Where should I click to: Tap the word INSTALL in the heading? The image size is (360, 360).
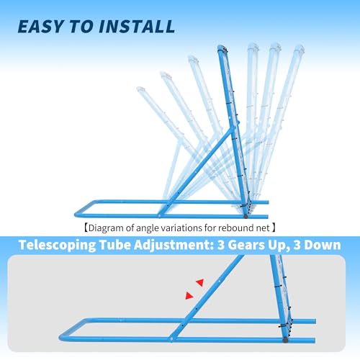[x=137, y=26]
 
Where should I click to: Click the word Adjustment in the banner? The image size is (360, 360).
[x=174, y=246]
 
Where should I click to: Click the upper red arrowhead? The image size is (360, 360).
[x=200, y=282]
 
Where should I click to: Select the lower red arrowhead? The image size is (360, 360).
[x=189, y=296]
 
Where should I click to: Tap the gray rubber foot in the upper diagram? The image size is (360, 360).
[x=246, y=216]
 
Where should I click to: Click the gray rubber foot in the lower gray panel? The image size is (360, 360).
[x=285, y=341]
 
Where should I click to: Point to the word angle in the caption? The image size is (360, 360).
[x=145, y=228]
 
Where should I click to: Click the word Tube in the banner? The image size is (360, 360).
[x=115, y=245]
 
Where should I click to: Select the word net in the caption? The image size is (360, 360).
[x=264, y=228]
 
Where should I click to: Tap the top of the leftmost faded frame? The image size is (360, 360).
[x=140, y=89]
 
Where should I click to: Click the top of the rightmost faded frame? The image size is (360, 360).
[x=300, y=48]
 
